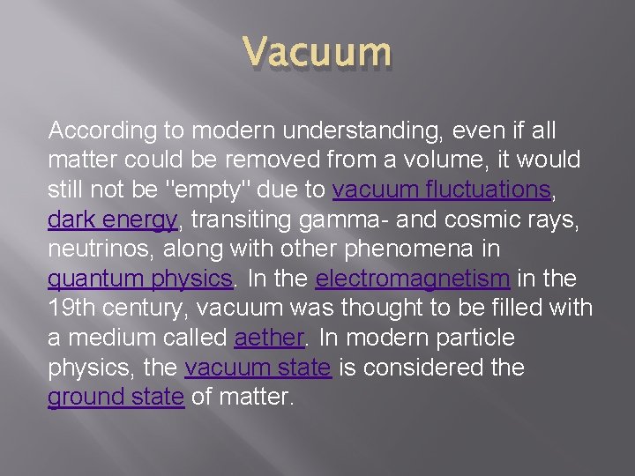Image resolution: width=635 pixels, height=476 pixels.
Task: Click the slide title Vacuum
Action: (x=316, y=52)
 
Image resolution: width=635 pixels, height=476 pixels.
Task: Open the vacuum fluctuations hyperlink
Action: (x=442, y=190)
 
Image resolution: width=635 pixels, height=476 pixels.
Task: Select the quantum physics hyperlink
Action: (x=140, y=279)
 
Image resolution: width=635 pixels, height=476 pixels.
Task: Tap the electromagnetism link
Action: (x=413, y=279)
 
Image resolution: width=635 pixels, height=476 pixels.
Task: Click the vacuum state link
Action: (x=258, y=368)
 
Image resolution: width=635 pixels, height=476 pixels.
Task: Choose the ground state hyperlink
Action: (x=116, y=398)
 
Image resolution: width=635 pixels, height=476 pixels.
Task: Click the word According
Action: (x=97, y=131)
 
